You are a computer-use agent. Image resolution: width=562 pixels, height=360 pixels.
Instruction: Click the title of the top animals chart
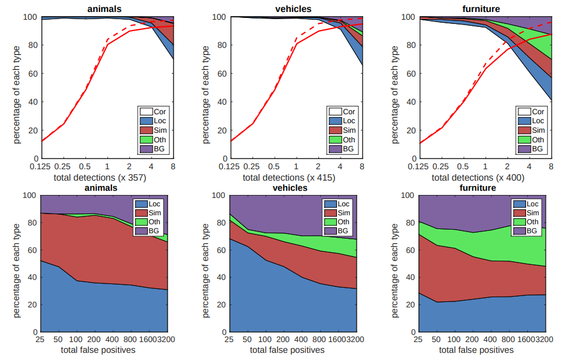tap(107, 9)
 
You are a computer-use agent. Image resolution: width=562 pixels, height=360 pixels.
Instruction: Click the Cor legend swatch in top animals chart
tap(145, 111)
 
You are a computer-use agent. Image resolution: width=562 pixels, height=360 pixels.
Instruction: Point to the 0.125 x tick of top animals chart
tap(41, 166)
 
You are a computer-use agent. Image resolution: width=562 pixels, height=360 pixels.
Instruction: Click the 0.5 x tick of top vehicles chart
tap(274, 166)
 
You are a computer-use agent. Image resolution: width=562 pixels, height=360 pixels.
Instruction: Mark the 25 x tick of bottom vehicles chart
tap(229, 339)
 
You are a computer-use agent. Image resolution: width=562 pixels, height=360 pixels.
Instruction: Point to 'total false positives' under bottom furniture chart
tap(482, 350)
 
